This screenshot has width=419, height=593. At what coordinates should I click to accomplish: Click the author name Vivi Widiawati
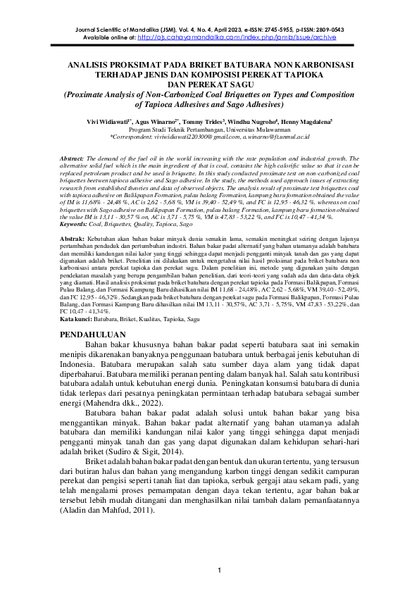point(107,122)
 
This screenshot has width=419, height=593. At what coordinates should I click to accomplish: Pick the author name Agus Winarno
point(164,122)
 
